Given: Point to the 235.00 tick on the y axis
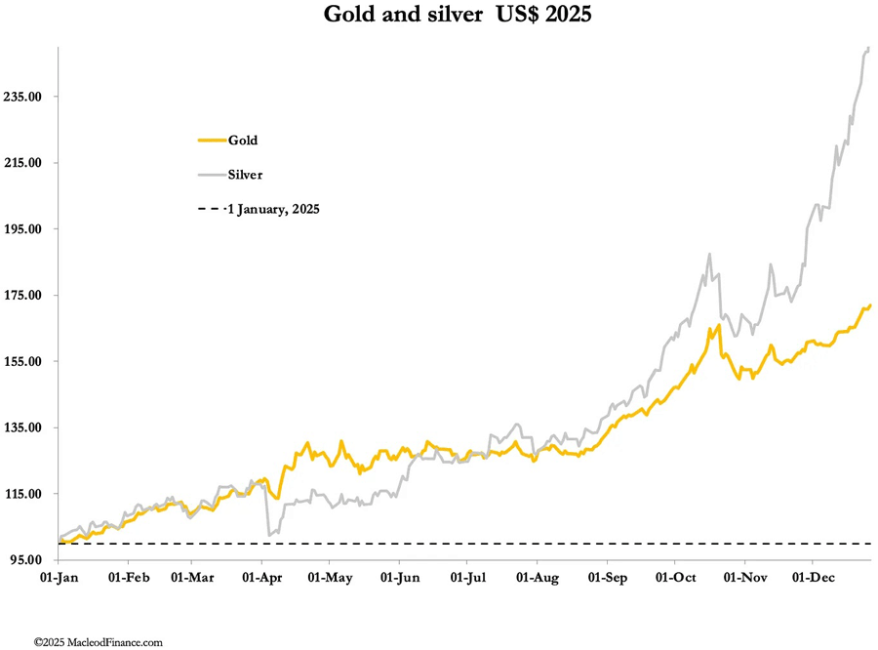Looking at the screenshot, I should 26,97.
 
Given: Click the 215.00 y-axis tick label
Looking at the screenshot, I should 26,163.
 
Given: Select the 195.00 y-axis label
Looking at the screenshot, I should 26,229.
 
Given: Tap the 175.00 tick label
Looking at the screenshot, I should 26,296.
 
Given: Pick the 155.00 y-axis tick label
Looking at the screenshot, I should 26,362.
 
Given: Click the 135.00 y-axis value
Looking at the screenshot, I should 26,427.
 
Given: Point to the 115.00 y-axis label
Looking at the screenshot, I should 26,494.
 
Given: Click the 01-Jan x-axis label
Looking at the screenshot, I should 59,578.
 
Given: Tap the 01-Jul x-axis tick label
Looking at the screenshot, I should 467,578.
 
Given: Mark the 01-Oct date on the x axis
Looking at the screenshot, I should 675,578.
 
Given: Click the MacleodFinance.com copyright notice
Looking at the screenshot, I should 98,642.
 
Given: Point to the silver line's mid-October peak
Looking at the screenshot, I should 709,255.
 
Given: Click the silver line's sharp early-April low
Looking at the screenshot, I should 268,534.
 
